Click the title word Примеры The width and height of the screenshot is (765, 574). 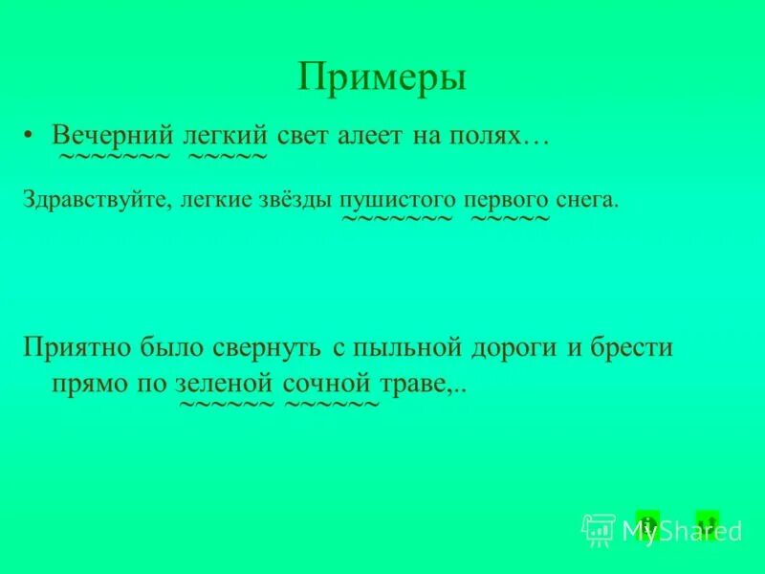(x=382, y=77)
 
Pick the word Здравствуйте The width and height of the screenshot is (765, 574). (x=95, y=201)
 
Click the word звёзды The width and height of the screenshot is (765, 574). (x=295, y=201)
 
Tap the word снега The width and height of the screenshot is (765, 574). (x=587, y=201)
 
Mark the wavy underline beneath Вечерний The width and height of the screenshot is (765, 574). (x=114, y=155)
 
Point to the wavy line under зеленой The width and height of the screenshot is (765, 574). (x=227, y=405)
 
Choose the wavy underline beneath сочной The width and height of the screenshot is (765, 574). (x=332, y=405)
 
